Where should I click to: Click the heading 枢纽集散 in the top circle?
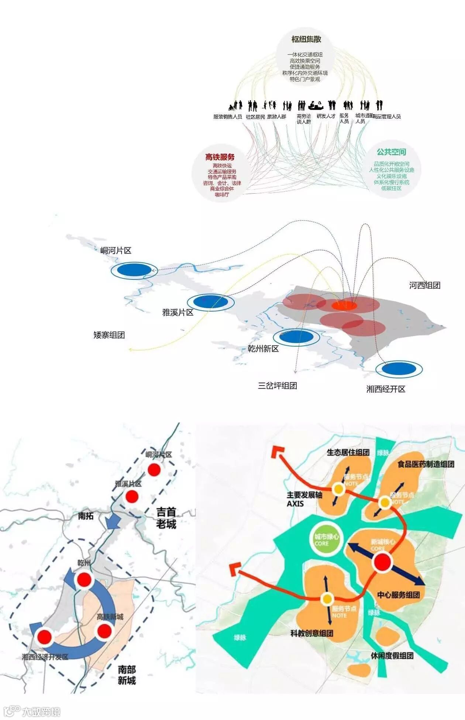tap(306, 39)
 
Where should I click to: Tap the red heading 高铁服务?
tap(220, 157)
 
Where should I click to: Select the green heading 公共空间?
tap(391, 152)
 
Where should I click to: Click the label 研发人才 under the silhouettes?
tap(326, 116)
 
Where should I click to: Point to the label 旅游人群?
tap(276, 116)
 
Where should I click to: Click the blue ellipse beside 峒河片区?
tap(134, 270)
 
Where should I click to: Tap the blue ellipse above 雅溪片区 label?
tap(211, 302)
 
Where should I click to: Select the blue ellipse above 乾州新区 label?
tap(296, 337)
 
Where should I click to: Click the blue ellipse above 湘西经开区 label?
tap(399, 368)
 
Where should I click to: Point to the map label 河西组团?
tap(424, 285)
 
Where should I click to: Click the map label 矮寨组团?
tap(109, 335)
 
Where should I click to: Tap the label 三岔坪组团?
tap(278, 386)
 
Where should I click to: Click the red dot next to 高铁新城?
tap(104, 631)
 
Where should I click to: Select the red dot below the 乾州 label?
tap(84, 580)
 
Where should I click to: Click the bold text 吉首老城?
tap(166, 518)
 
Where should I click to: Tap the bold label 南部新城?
tap(127, 675)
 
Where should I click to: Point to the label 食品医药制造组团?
tap(426, 464)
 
